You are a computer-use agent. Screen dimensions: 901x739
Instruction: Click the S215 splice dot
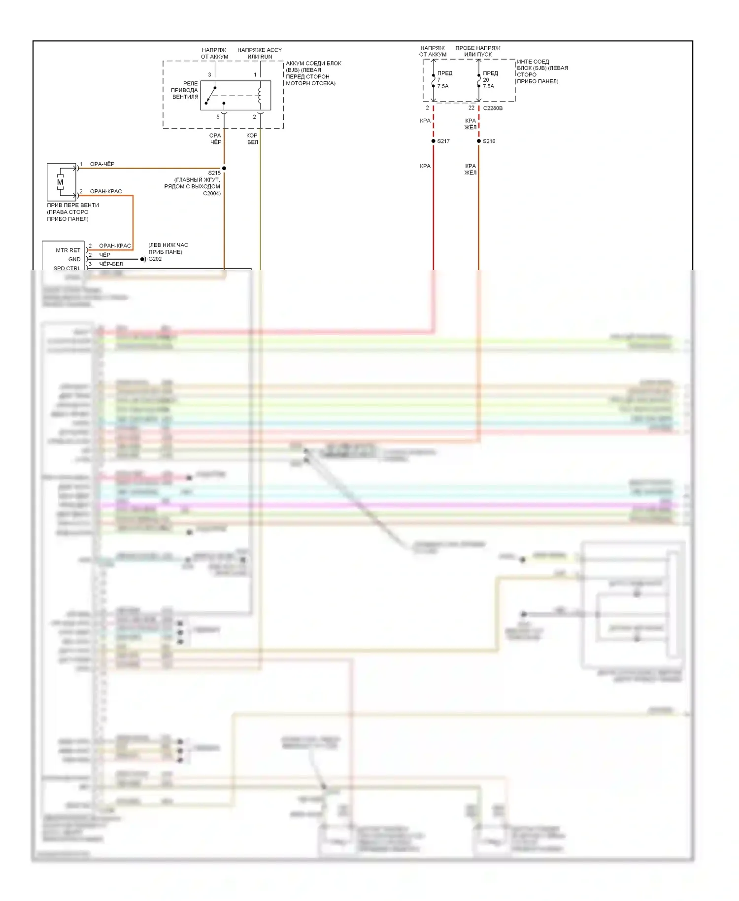click(224, 169)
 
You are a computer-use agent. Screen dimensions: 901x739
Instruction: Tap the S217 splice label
click(443, 141)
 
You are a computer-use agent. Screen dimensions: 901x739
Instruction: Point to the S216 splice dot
click(479, 141)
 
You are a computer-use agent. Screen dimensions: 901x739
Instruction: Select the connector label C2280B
click(493, 108)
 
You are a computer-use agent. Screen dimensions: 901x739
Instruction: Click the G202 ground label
click(155, 259)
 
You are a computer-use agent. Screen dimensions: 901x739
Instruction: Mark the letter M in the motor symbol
click(60, 182)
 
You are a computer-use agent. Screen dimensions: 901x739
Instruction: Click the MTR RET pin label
click(68, 250)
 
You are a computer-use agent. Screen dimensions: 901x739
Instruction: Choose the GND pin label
click(74, 259)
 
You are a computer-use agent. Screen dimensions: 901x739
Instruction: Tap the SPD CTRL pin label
click(67, 268)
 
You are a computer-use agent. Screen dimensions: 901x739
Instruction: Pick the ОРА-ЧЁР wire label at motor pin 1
click(102, 164)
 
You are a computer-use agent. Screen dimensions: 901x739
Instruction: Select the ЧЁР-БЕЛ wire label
click(111, 264)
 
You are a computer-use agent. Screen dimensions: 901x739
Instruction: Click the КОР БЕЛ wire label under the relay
click(252, 139)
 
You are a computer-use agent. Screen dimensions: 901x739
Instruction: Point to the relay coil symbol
click(260, 95)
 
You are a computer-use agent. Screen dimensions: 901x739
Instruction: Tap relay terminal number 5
click(218, 117)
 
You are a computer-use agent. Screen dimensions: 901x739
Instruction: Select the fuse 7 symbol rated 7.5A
click(434, 80)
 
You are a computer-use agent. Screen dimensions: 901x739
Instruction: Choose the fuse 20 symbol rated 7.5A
click(479, 80)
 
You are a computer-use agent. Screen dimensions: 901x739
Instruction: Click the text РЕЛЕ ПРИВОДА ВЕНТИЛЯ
click(185, 90)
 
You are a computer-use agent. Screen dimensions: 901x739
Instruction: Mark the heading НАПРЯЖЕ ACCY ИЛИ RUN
click(260, 53)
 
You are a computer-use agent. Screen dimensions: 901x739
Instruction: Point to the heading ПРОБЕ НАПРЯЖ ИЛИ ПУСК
click(477, 51)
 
